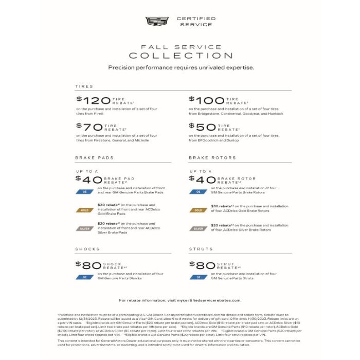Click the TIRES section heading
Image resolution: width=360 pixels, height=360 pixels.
(84, 86)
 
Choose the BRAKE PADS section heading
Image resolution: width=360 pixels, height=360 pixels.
(94, 158)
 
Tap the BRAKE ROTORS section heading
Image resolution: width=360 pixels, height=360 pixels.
(212, 158)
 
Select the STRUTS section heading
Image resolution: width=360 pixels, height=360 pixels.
(201, 249)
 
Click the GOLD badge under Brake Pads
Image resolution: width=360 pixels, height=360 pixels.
(84, 210)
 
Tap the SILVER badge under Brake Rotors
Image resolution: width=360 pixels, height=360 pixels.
(199, 228)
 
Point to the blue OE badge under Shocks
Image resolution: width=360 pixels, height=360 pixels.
(84, 277)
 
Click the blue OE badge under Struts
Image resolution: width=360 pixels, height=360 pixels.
(199, 277)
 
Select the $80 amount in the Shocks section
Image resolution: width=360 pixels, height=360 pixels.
(88, 265)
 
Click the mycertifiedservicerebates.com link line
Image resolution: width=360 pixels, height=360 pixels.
(180, 300)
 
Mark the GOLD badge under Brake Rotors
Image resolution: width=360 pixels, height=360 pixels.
(199, 210)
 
